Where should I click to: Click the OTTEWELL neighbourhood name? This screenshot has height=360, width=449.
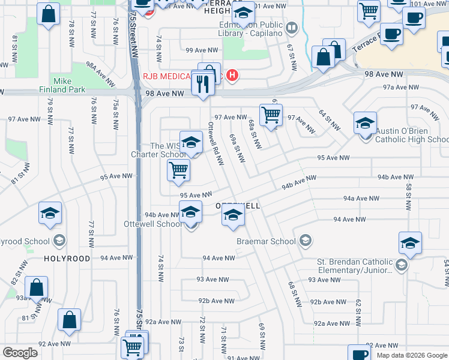click(x=238, y=206)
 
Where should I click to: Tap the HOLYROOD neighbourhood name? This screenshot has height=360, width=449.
click(x=67, y=259)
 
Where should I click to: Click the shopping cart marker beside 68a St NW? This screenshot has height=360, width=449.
click(x=271, y=114)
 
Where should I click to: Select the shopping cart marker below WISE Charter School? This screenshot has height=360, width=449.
click(x=178, y=170)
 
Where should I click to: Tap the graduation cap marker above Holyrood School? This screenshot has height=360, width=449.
click(x=50, y=212)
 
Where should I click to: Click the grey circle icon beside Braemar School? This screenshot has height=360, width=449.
click(x=306, y=241)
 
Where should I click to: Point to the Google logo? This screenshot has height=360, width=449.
click(x=20, y=353)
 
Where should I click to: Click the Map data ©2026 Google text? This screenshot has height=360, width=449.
click(x=411, y=355)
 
